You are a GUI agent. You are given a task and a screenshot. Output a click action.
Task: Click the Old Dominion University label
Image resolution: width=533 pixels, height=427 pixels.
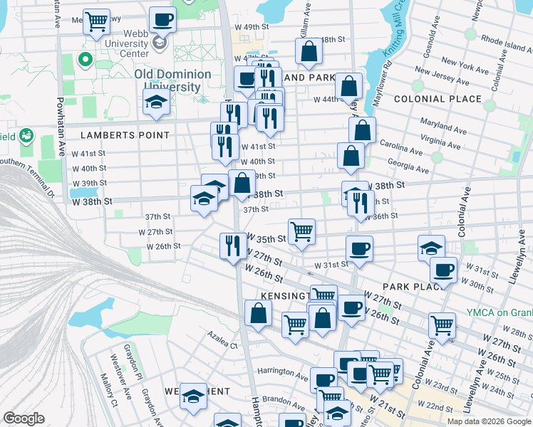click(x=172, y=80)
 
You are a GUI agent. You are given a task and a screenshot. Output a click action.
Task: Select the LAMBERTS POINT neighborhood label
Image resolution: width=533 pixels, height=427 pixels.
click(x=125, y=135)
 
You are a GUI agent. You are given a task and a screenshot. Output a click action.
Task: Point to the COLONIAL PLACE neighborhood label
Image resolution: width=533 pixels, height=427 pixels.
click(x=437, y=99)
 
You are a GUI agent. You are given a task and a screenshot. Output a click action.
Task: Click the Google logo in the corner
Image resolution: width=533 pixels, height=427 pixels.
click(x=24, y=418)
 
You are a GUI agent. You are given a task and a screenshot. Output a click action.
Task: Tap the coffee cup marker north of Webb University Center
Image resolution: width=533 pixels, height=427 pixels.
click(x=162, y=19)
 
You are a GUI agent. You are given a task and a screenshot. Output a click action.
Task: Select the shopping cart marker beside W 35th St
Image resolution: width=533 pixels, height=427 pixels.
click(x=302, y=231)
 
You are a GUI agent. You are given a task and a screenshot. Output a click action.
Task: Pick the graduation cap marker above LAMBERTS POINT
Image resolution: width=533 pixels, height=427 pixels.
click(x=156, y=102)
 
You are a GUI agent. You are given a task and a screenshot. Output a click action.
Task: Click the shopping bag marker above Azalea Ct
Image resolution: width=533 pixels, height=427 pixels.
click(x=257, y=312)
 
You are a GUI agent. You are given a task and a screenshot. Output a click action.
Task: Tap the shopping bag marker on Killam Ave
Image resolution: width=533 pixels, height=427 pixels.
click(x=309, y=51)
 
